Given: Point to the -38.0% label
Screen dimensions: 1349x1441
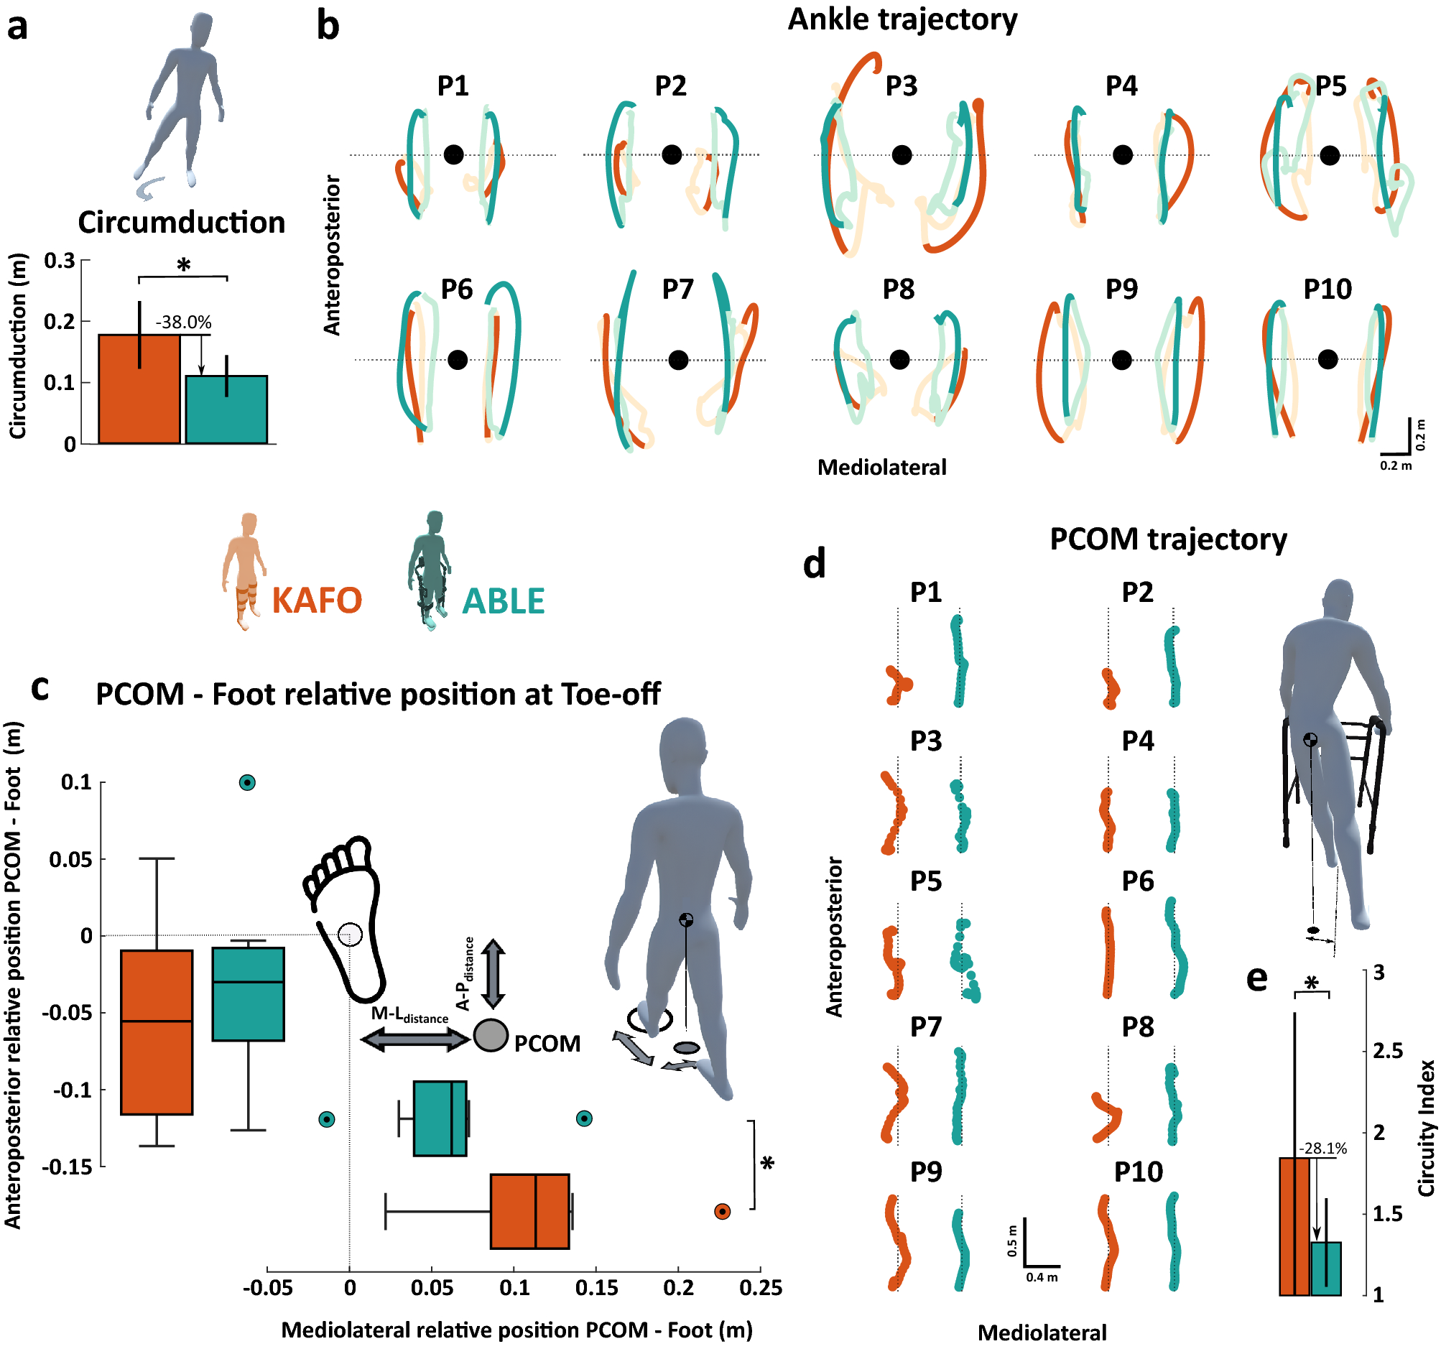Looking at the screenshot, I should [x=183, y=322].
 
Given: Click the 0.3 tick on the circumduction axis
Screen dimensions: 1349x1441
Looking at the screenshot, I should [x=60, y=260].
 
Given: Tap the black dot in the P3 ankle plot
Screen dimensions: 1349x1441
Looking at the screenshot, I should [x=901, y=155].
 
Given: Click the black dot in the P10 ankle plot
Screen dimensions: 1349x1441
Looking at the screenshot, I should [x=1328, y=359].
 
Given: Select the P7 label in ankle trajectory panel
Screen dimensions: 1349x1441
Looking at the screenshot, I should [x=677, y=289].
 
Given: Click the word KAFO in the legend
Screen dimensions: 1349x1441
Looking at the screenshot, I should [x=317, y=601].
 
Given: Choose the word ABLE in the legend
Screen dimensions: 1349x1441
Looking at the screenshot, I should [x=503, y=601].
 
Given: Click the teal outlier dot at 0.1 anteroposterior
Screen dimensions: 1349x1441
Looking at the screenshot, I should [x=247, y=782].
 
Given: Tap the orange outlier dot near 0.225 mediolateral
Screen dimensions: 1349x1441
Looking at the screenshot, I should [x=722, y=1211].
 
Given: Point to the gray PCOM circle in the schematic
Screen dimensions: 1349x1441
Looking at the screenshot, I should [x=491, y=1035].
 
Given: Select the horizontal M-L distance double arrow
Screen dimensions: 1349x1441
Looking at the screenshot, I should [x=415, y=1039].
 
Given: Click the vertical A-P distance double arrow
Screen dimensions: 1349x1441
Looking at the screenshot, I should [x=493, y=973].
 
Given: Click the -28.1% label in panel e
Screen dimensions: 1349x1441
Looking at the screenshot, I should [x=1322, y=1148].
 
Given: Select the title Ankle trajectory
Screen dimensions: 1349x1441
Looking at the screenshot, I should [x=902, y=19].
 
